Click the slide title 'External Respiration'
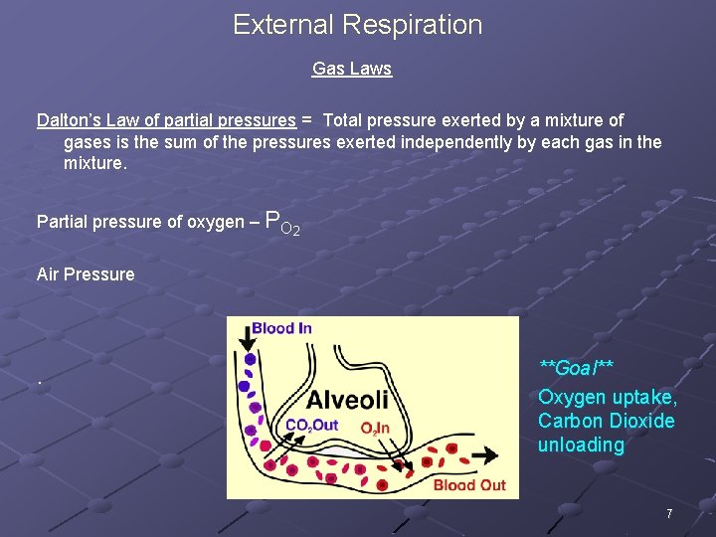[357, 25]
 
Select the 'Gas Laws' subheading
[352, 69]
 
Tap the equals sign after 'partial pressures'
[307, 120]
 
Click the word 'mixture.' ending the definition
[95, 163]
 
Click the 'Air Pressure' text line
[86, 274]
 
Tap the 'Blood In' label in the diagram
[281, 329]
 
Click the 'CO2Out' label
[311, 427]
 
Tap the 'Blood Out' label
[469, 485]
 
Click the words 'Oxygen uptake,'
[608, 397]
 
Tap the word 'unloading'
[581, 445]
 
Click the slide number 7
[669, 514]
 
